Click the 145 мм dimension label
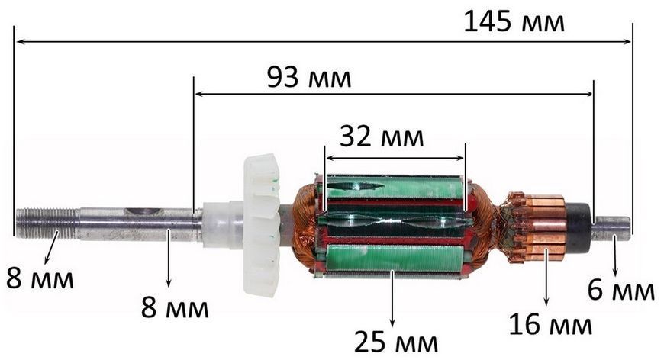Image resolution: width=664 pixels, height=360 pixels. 514,22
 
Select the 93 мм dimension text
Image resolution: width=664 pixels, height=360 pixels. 309,77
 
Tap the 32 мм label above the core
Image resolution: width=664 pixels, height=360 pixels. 382,137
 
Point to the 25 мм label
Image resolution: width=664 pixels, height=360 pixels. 396,342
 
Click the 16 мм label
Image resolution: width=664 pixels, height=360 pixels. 550,324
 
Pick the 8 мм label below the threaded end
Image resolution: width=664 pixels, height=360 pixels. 40,278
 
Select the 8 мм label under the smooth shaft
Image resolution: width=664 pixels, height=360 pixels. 175,307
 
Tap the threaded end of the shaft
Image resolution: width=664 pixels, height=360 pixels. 47,223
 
